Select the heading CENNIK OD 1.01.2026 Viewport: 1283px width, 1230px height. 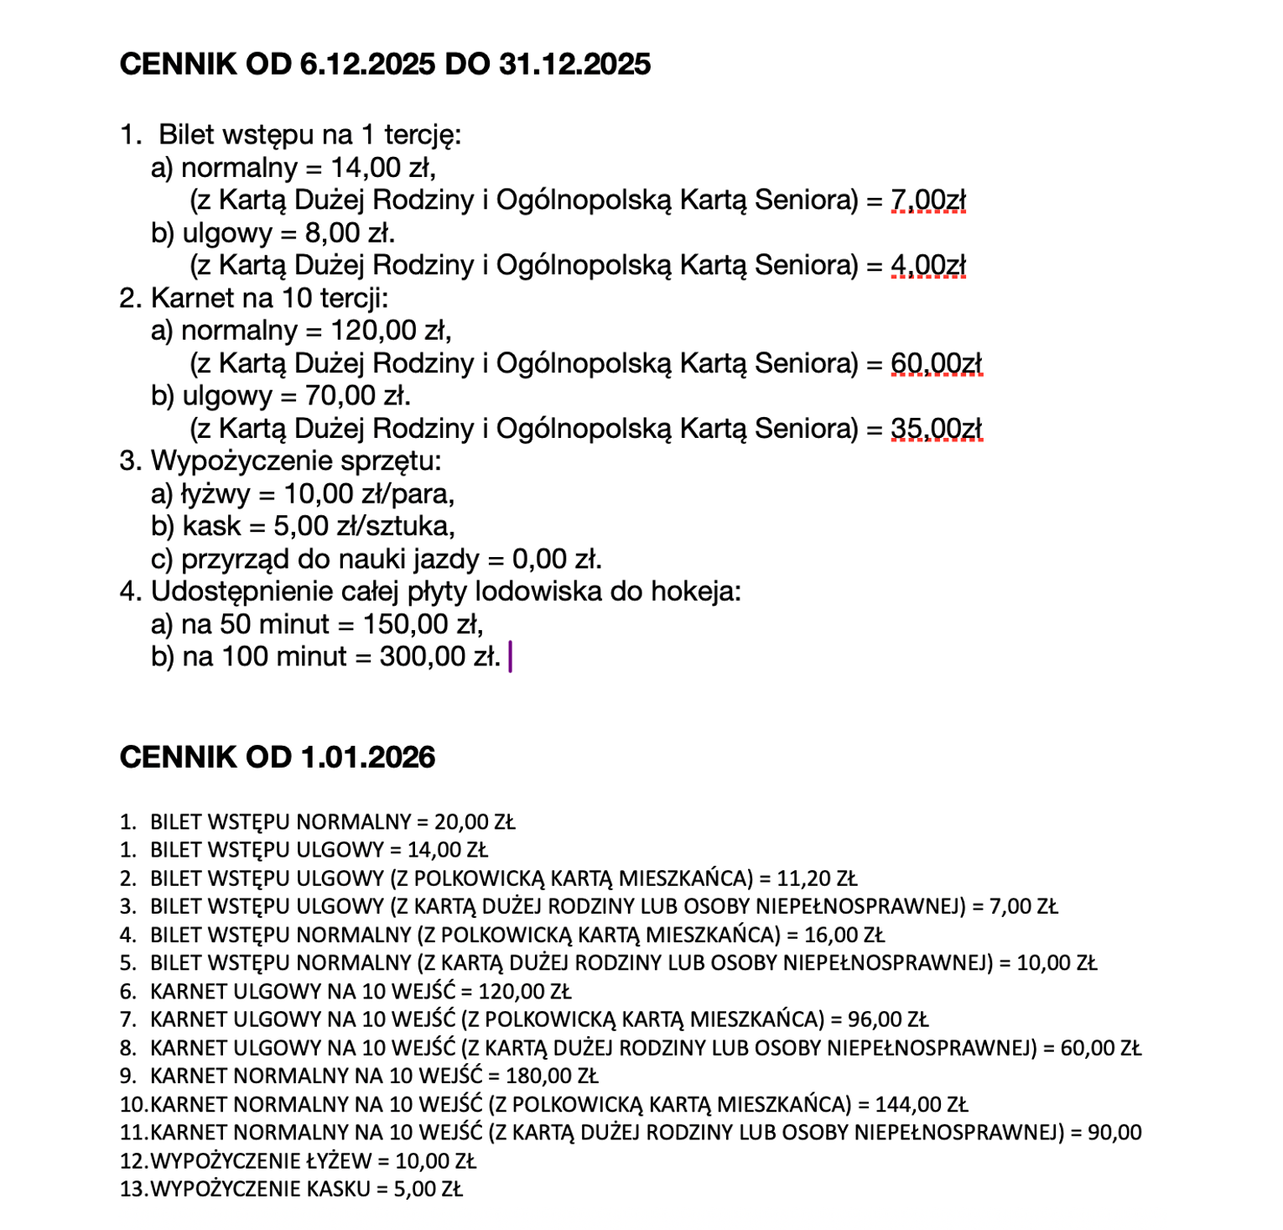pyautogui.click(x=278, y=757)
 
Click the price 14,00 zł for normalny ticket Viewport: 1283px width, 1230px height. pyautogui.click(x=382, y=168)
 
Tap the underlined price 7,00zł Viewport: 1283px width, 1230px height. pyautogui.click(x=928, y=201)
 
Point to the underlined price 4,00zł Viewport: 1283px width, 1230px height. pyautogui.click(x=928, y=266)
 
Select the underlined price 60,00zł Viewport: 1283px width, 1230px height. pyautogui.click(x=936, y=364)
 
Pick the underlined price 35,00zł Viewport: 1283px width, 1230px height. pyautogui.click(x=936, y=430)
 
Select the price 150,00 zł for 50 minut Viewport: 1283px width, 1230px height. pyautogui.click(x=423, y=624)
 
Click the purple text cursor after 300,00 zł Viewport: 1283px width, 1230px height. pyautogui.click(x=511, y=656)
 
